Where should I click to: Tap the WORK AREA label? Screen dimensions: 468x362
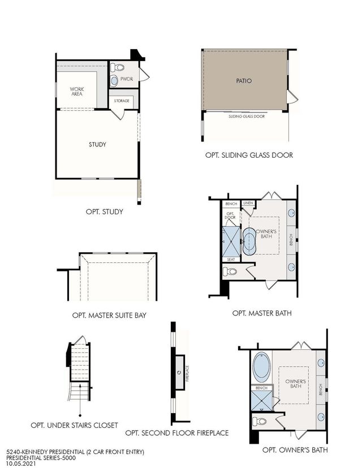pos(77,91)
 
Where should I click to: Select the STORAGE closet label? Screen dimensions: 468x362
pos(122,101)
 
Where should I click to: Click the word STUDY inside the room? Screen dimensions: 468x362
pos(97,144)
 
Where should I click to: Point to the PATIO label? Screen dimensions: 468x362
pos(244,81)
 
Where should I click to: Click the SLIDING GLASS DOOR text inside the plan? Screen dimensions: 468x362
pos(246,116)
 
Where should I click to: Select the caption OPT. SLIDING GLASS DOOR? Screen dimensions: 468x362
pos(249,155)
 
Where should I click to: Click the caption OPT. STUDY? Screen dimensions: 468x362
pos(105,212)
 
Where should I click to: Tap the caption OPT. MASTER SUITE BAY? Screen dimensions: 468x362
pos(109,315)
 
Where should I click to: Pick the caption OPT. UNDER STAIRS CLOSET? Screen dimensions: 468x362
pos(75,424)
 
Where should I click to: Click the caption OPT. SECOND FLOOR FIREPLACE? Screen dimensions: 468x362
pos(177,433)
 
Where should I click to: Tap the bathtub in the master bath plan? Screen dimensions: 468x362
pos(249,240)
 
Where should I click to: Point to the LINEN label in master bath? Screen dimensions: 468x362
pos(248,203)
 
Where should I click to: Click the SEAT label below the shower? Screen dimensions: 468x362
pos(230,259)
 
